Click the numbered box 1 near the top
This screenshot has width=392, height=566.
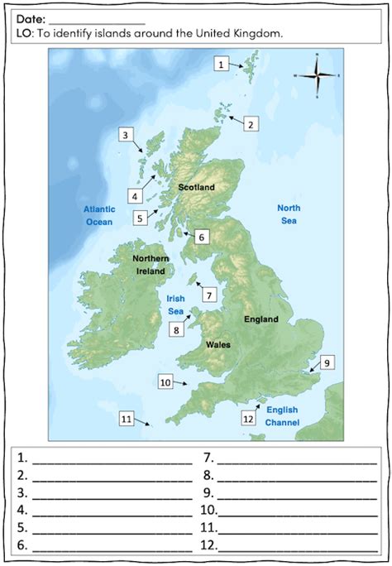click(x=221, y=63)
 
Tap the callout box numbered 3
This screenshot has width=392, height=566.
click(x=125, y=135)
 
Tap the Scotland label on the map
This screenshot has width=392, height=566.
click(x=196, y=188)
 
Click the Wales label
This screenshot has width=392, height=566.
click(x=218, y=344)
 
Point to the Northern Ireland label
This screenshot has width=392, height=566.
click(x=151, y=265)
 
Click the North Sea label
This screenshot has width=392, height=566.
click(x=288, y=214)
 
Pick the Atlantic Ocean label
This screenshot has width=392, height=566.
click(x=98, y=215)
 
